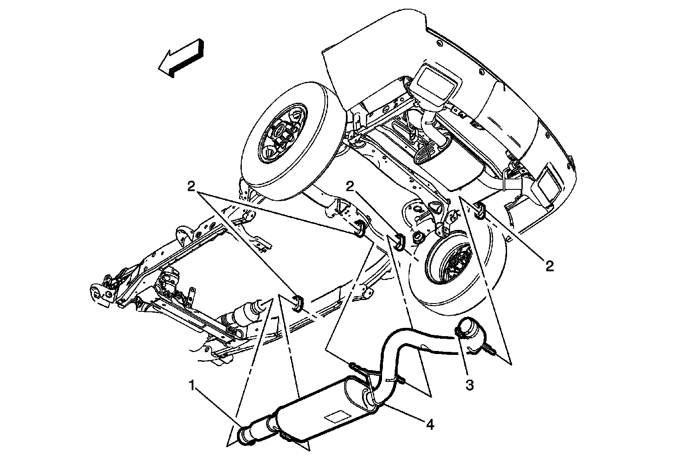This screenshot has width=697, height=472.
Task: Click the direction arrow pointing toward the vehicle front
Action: [181, 58]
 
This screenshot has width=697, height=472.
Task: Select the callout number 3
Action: [470, 385]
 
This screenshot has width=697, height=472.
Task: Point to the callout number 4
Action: [430, 424]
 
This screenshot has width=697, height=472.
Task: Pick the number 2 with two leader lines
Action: [191, 186]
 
